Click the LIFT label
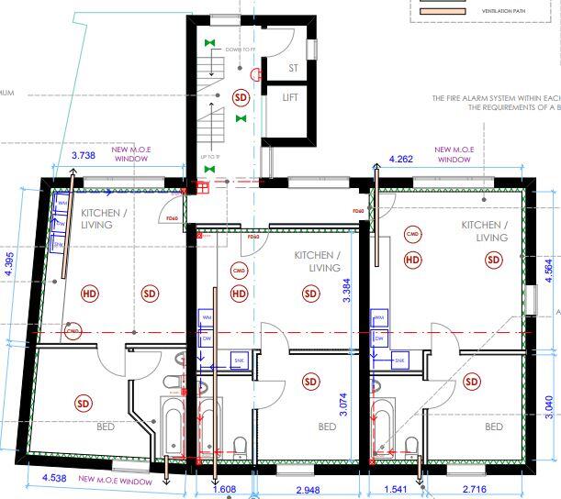(x=290, y=96)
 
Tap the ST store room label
(x=294, y=68)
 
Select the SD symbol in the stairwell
(x=241, y=96)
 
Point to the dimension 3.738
(x=83, y=157)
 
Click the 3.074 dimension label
(x=344, y=403)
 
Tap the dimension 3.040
(x=548, y=405)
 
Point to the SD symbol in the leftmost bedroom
(x=84, y=403)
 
